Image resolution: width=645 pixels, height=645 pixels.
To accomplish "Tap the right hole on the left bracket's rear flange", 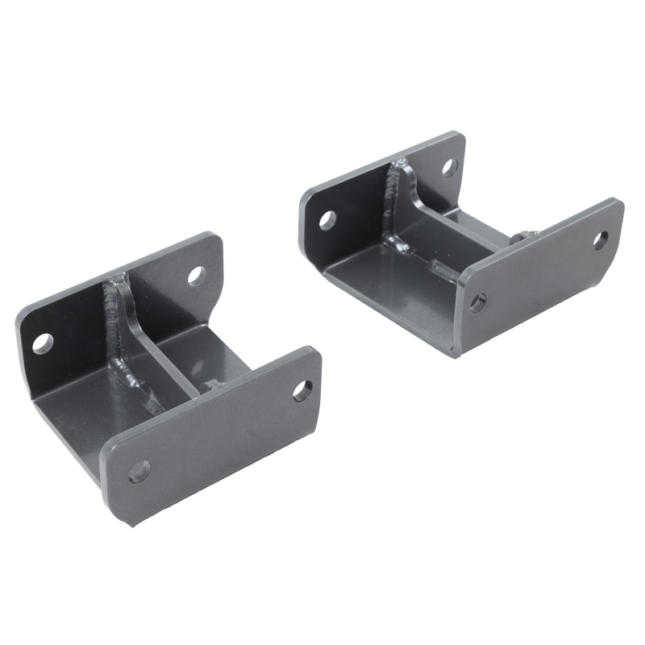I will pos(197,276).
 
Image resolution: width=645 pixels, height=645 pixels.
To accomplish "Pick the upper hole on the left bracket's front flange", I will pos(302,391).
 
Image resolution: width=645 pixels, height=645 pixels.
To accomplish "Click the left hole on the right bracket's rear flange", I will pos(327,218).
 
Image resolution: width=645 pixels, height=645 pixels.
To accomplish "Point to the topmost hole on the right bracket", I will pos(449,168).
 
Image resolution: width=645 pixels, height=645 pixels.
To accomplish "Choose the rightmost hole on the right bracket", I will pos(601,239).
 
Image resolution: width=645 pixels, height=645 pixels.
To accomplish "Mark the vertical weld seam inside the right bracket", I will pos(394,202).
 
